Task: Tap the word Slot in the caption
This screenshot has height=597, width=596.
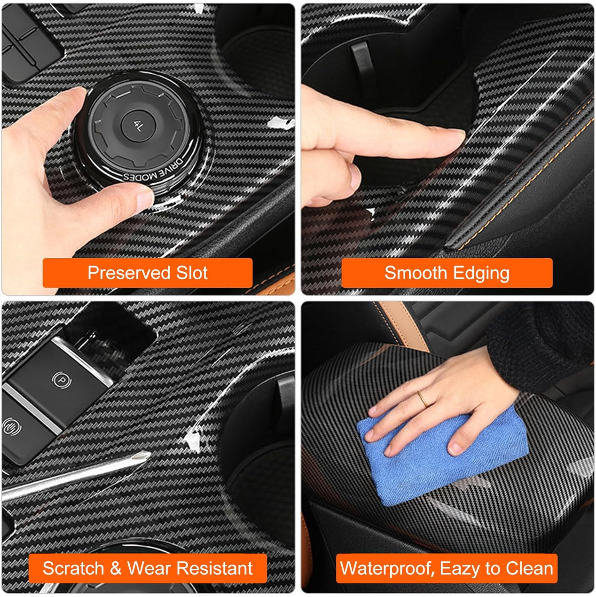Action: coord(192,273)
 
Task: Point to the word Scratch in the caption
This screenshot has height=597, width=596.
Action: coord(73,568)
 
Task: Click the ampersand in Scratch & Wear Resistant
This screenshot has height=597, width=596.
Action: coord(116,568)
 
